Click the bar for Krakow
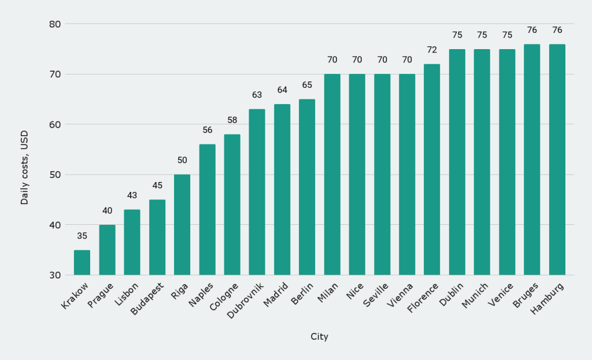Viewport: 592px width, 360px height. click(x=82, y=262)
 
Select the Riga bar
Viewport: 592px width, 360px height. click(x=182, y=225)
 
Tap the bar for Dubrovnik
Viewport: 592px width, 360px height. click(x=257, y=192)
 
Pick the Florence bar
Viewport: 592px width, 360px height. click(x=432, y=169)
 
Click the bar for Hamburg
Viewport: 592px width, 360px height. click(x=557, y=159)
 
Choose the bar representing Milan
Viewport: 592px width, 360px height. click(x=332, y=175)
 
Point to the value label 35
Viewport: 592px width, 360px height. click(x=82, y=236)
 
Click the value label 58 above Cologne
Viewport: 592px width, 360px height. click(x=232, y=120)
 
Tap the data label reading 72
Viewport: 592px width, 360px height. click(x=432, y=50)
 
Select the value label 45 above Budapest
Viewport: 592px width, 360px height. click(x=157, y=185)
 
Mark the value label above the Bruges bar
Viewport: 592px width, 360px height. click(x=532, y=30)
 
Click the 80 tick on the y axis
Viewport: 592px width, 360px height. click(x=55, y=24)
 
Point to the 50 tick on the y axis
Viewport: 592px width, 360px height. click(x=55, y=175)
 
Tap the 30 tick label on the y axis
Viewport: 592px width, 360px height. click(x=55, y=275)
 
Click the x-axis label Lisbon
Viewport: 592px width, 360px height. click(x=127, y=294)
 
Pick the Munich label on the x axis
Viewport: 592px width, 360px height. click(x=476, y=294)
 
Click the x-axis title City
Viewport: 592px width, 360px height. click(x=319, y=336)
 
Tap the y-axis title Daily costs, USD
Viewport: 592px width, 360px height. click(x=24, y=167)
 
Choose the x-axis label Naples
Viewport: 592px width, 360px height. click(x=202, y=294)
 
